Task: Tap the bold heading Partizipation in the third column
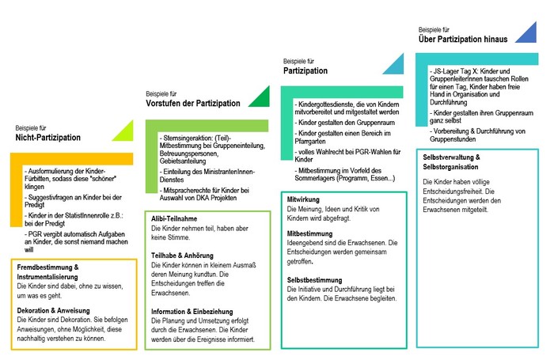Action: (x=305, y=70)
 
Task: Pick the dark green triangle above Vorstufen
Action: (x=257, y=97)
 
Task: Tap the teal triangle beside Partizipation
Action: (x=393, y=66)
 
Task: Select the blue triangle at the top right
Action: (x=526, y=33)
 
